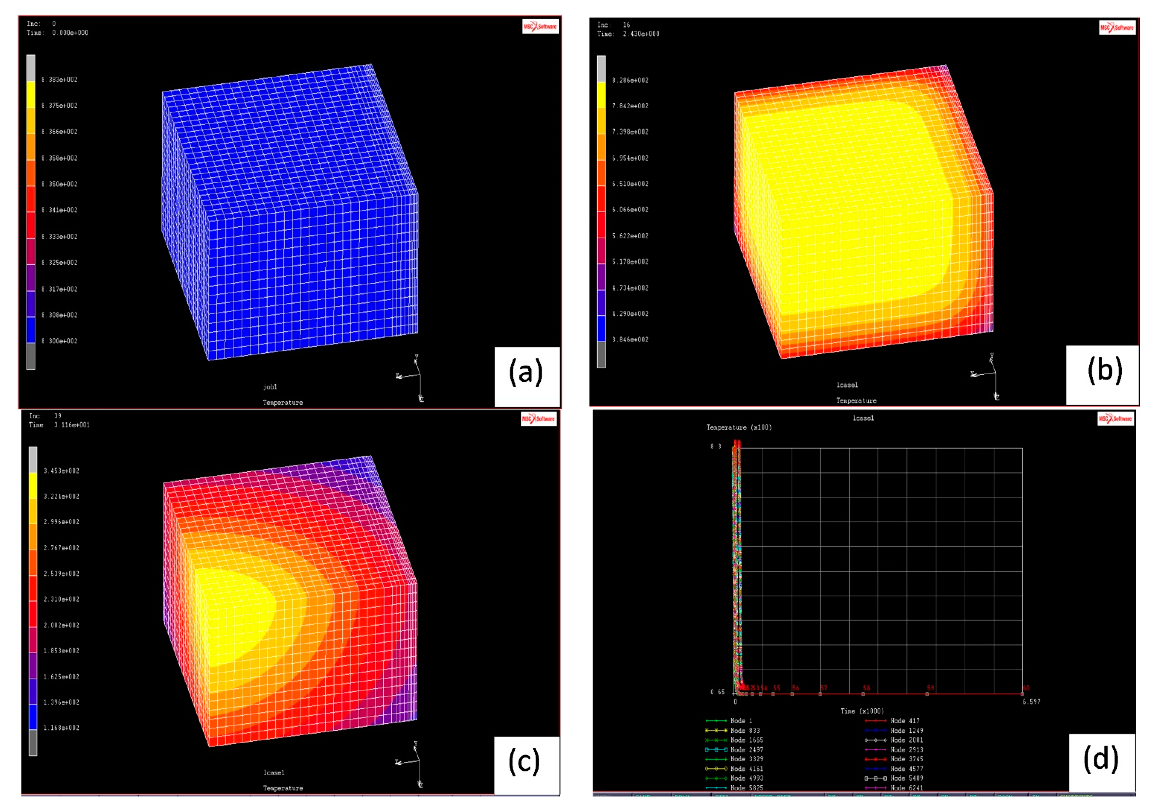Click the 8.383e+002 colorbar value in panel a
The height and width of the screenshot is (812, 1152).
(x=60, y=79)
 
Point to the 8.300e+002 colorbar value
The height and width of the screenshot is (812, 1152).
(x=60, y=341)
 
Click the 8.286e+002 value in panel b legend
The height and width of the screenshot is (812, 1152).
(x=630, y=80)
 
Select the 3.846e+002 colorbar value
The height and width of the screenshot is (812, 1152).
(x=630, y=340)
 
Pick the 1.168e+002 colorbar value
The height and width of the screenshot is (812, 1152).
(x=61, y=728)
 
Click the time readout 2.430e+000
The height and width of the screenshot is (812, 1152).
(x=641, y=34)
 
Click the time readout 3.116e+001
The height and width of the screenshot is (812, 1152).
(x=72, y=425)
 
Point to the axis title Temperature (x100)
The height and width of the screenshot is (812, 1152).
(x=739, y=427)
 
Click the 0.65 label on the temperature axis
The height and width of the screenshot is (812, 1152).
(x=718, y=692)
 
